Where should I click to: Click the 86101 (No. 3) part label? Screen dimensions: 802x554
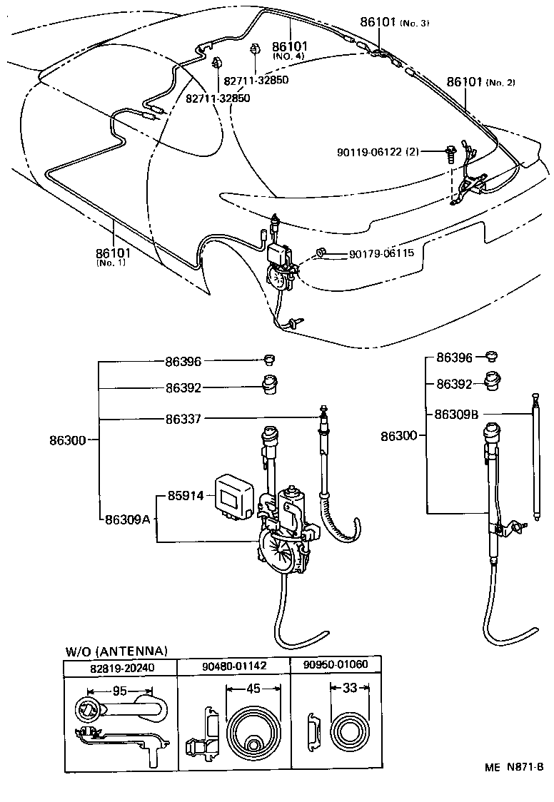coord(394,22)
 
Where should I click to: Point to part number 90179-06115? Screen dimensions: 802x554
coord(381,254)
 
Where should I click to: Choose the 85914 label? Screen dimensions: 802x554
coord(186,494)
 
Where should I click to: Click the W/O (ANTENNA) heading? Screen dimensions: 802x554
coord(116,651)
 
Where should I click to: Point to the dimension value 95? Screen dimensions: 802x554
coord(119,691)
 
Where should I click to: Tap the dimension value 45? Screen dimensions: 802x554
coord(253,689)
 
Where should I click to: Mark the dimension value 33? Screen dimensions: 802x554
coord(349,689)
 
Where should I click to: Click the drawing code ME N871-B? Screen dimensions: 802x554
coord(515,767)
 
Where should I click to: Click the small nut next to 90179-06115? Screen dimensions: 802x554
coord(322,252)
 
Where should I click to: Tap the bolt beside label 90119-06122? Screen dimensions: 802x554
coord(451,152)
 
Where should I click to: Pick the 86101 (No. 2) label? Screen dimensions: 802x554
coord(480,82)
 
